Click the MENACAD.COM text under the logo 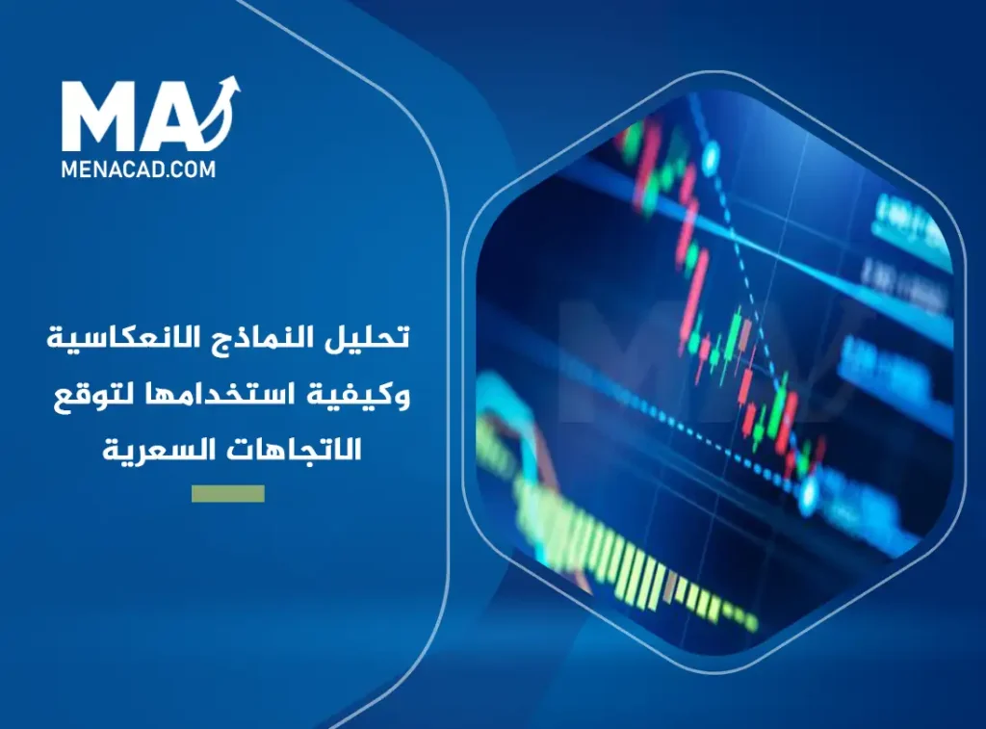pyautogui.click(x=139, y=168)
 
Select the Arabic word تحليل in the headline pyautogui.click(x=376, y=340)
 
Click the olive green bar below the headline pyautogui.click(x=227, y=493)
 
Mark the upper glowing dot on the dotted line pyautogui.click(x=712, y=151)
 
